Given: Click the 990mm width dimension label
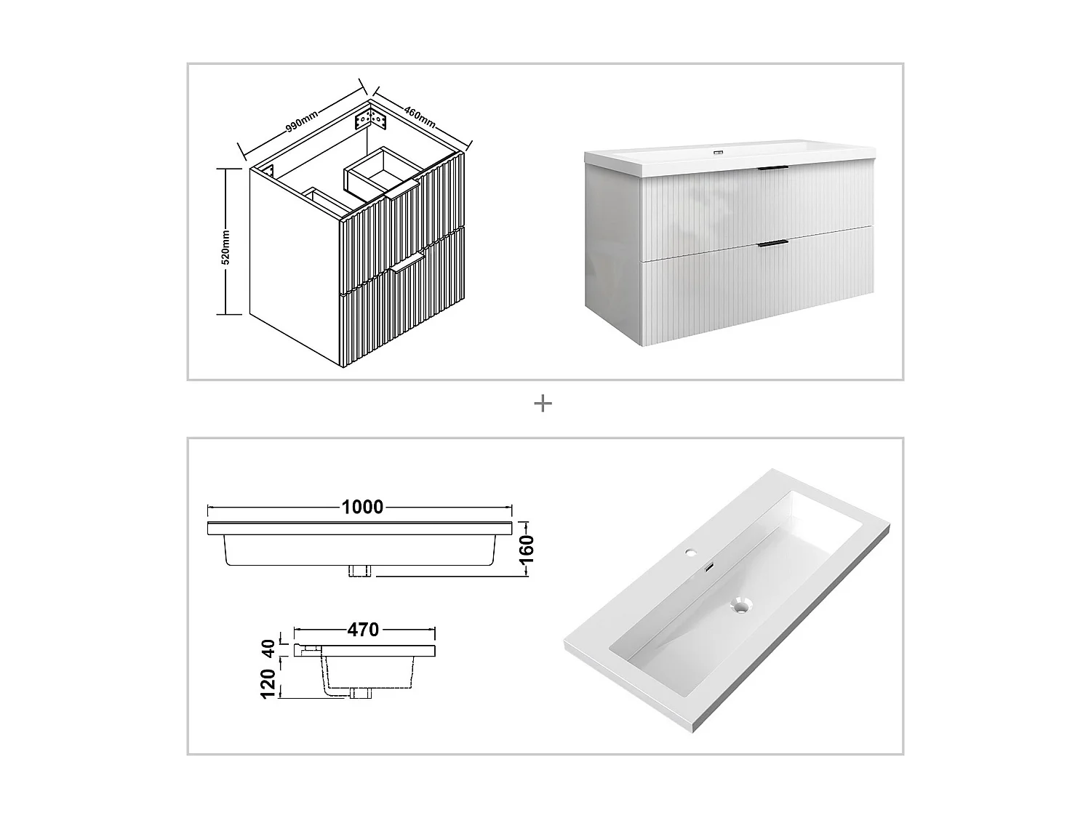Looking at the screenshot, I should (x=301, y=120).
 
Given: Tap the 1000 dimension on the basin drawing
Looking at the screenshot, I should (x=362, y=507).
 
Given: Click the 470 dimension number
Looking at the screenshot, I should (x=362, y=629).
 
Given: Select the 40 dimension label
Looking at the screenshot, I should (x=268, y=648).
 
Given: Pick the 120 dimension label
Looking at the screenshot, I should (x=268, y=684).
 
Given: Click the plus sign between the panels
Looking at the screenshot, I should (x=543, y=404).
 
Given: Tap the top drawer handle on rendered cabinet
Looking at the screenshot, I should (x=772, y=169).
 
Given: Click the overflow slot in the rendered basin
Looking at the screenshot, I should (x=708, y=565).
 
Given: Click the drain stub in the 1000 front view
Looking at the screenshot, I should (x=360, y=571).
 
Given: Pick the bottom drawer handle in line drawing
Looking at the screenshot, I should (x=408, y=262).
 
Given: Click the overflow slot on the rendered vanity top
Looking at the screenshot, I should (x=719, y=153).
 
